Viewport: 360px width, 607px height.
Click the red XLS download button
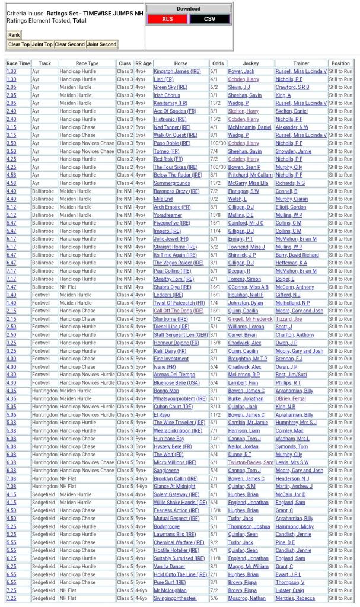(x=167, y=19)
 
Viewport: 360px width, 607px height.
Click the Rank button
(x=14, y=35)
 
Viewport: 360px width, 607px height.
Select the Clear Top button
(x=19, y=44)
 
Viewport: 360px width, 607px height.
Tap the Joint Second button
(x=102, y=44)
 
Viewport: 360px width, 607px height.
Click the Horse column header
(x=180, y=63)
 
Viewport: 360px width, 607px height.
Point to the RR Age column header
(x=143, y=63)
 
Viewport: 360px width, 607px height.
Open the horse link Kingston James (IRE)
(x=177, y=71)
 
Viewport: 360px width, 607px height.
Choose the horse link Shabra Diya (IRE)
(x=173, y=287)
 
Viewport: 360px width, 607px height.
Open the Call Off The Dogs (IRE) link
(x=179, y=311)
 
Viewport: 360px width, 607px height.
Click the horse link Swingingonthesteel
(x=175, y=598)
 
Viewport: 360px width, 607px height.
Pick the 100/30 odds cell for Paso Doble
(x=218, y=143)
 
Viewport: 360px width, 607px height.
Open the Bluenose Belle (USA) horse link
(x=177, y=382)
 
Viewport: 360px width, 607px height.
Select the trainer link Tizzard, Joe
(x=289, y=319)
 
